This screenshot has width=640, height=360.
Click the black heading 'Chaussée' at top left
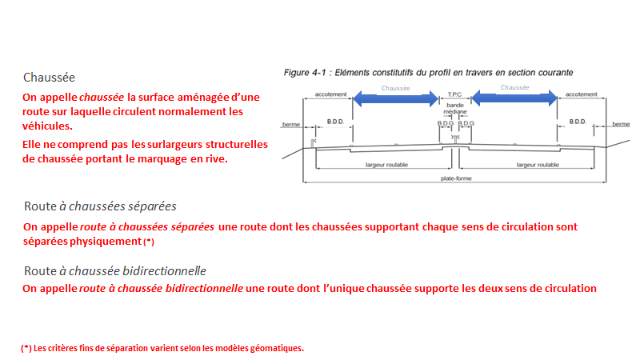tap(49, 78)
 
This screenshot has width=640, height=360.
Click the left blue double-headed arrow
tap(395, 98)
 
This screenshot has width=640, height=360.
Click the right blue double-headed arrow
tap(511, 98)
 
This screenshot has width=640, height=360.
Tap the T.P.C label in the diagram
tap(455, 94)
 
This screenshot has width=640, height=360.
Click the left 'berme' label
tap(290, 125)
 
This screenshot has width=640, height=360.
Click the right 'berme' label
tap(621, 124)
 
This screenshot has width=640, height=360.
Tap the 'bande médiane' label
tap(455, 110)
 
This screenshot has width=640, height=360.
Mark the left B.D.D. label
tap(334, 122)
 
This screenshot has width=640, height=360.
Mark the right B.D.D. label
tap(578, 122)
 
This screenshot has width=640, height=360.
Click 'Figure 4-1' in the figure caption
tap(304, 73)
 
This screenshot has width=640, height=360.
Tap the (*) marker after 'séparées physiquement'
tap(148, 242)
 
